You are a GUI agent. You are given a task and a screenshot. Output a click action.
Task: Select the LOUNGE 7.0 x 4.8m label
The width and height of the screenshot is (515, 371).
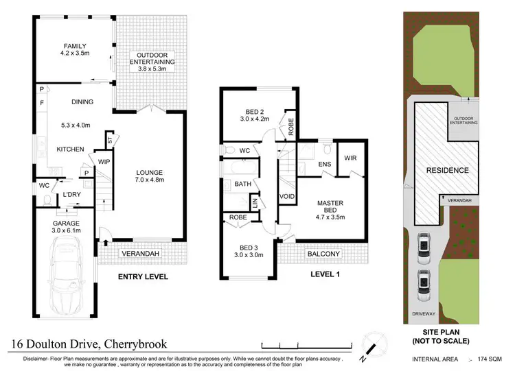point(149,176)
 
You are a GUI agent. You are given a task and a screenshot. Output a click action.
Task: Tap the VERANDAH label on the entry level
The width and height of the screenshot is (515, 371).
point(137,253)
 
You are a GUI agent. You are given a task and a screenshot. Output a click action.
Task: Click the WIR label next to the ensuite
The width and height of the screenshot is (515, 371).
point(348,156)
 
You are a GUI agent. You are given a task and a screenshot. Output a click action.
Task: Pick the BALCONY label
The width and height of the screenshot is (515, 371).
point(323,254)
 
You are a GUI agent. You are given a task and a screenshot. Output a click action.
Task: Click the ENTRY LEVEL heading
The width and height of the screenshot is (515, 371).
point(142,277)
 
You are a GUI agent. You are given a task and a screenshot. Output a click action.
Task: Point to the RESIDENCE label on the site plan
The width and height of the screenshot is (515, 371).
point(447,170)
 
